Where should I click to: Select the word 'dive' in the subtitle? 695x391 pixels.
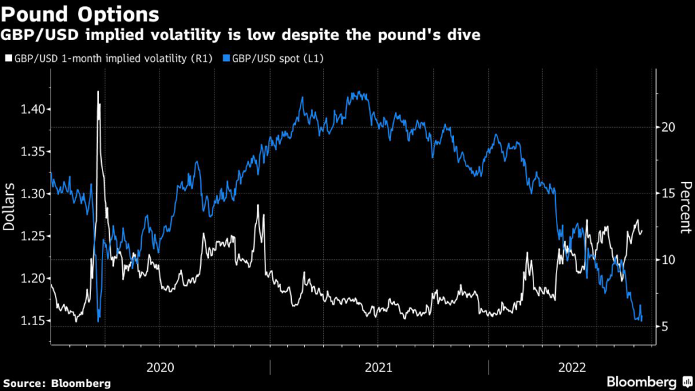pyautogui.click(x=462, y=35)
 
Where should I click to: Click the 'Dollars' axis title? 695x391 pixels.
pyautogui.click(x=9, y=206)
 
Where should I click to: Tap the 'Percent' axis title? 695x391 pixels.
pyautogui.click(x=685, y=206)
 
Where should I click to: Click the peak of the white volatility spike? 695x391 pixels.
pyautogui.click(x=98, y=91)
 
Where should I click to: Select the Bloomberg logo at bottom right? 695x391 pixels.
pyautogui.click(x=641, y=381)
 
